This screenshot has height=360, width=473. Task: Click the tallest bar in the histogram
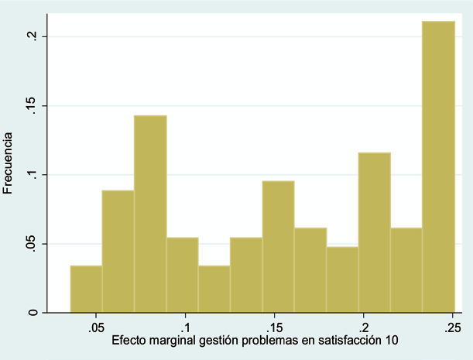point(438,166)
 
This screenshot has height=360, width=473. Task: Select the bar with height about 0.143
point(150,214)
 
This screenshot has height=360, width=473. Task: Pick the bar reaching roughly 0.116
point(374,232)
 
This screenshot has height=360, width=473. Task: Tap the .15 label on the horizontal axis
point(273,327)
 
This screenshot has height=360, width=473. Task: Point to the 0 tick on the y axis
point(33,313)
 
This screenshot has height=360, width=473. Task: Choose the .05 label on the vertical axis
point(33,244)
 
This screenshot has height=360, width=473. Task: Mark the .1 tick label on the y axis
point(33,175)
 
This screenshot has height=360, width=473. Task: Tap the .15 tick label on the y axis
point(33,106)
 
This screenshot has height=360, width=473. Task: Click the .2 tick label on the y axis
point(33,36)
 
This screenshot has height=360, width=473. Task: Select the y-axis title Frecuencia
point(9,163)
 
